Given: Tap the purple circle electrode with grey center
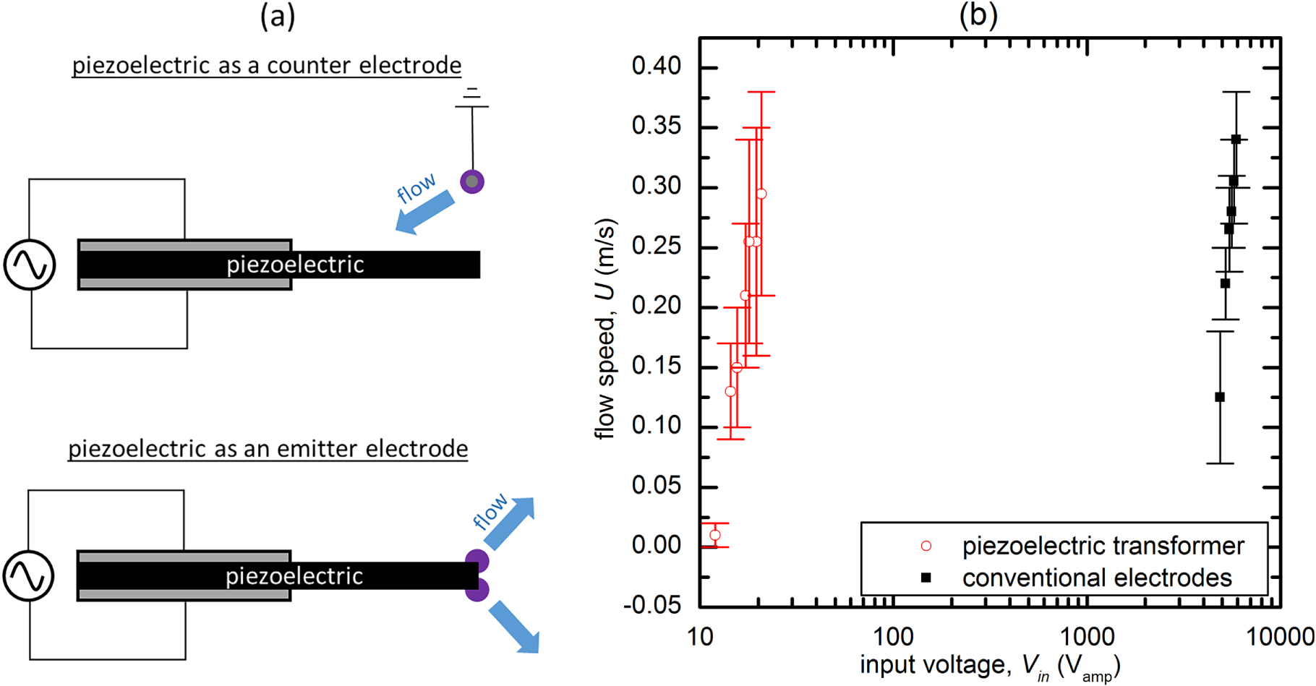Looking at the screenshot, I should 472,181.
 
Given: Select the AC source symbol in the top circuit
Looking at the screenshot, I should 30,265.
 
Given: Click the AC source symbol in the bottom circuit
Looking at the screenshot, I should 29,576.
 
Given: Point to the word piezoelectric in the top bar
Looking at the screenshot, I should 295,265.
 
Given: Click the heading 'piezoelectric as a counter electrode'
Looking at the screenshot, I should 266,65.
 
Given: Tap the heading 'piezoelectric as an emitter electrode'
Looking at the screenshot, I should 268,449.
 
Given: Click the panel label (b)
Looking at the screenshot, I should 978,14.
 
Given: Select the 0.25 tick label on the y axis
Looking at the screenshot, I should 656,246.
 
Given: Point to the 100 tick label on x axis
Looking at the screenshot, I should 894,637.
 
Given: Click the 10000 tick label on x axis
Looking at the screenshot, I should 1281,637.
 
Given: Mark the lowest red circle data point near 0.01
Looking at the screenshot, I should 714,536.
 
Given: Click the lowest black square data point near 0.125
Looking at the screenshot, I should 1220,397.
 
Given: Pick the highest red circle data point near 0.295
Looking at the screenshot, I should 761,194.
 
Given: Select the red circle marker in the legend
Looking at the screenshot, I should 926,546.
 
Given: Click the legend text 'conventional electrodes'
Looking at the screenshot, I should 1096,578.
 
